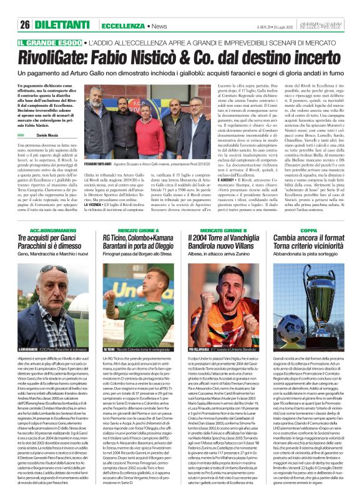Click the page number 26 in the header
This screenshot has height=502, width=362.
(25, 24)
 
